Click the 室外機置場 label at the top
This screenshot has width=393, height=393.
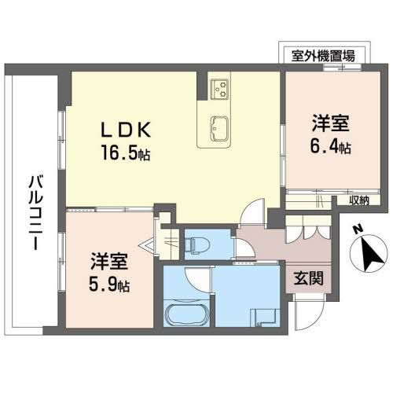(x=323, y=55)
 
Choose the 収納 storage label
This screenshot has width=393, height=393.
(x=358, y=201)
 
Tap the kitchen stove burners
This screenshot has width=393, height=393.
(x=219, y=87)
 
